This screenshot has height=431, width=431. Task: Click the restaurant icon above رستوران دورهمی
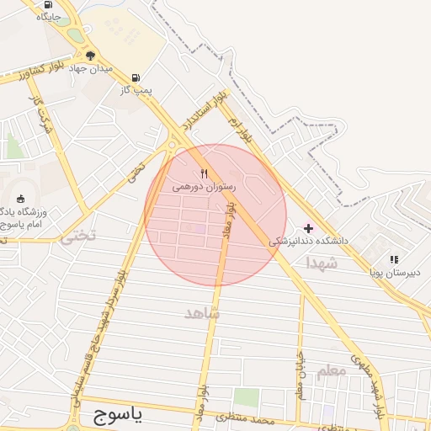coord(205,173)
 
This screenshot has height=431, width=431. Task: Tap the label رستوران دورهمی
coord(205,186)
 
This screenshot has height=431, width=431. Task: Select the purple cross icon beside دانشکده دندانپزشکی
coord(308,228)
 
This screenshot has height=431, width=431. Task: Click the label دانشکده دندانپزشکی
coord(309,241)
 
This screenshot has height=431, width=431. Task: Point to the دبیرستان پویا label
coord(393,272)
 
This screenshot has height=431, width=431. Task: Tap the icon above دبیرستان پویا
coord(393,259)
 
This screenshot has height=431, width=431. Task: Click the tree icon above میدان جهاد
coord(90,56)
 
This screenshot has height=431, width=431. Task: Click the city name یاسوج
coord(115,414)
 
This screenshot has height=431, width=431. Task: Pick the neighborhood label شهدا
coord(322,263)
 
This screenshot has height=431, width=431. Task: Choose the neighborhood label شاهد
coord(202,313)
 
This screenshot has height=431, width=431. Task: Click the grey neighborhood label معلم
coord(333,370)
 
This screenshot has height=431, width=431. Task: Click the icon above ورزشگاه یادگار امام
coord(20,199)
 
